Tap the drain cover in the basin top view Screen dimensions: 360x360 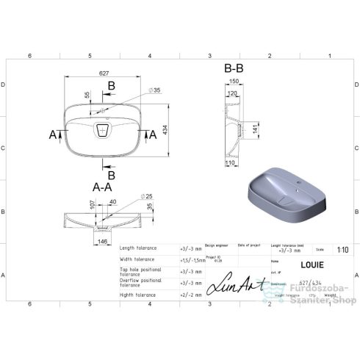tap(102, 131)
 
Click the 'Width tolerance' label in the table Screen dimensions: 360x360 tap(136, 259)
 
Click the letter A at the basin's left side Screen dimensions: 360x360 tap(53, 134)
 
